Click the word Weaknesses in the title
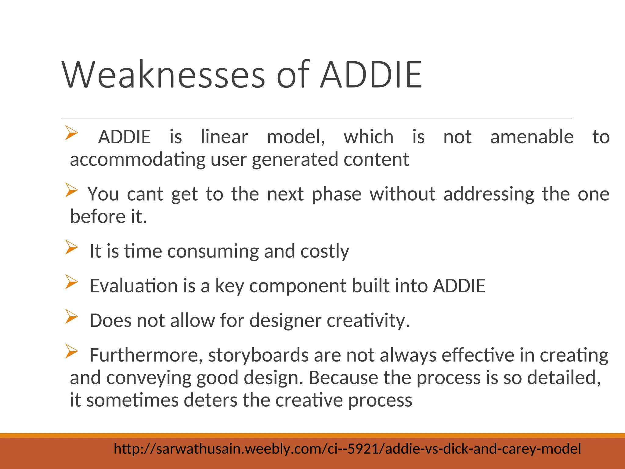coord(164,75)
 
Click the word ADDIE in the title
coord(371,75)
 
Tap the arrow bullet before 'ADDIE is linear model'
coord(71,133)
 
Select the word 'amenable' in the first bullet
coord(532,136)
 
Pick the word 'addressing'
coord(489,194)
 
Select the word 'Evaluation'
coord(133,286)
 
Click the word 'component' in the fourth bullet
coord(298,286)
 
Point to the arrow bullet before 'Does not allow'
coord(71,316)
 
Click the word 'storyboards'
coord(258,355)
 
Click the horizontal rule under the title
coord(316,118)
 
